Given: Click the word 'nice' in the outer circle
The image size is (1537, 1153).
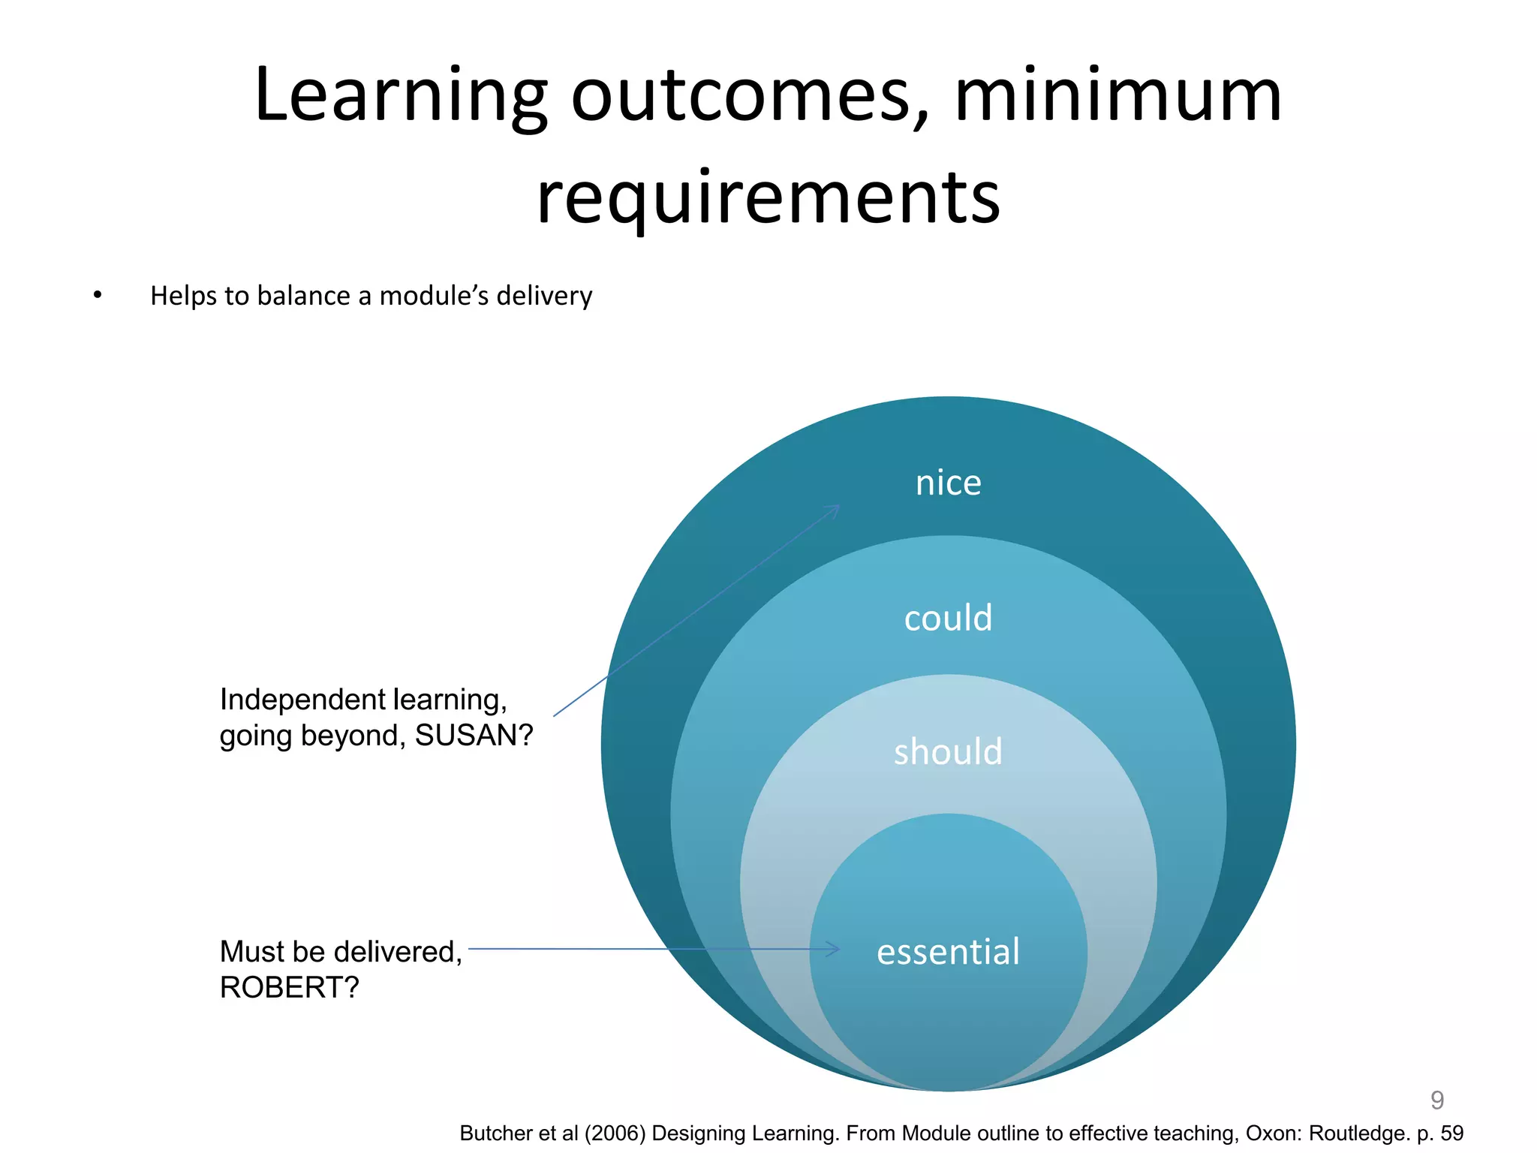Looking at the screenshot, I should [x=948, y=483].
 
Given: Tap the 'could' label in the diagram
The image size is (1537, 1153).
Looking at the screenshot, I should [x=948, y=618].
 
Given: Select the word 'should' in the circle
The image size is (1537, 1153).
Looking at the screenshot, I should [x=948, y=751].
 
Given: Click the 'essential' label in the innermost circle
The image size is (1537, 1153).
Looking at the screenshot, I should [x=948, y=951].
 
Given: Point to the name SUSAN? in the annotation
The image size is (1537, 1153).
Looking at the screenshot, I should [x=474, y=735].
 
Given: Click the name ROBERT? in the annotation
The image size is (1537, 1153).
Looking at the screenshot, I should [x=289, y=987].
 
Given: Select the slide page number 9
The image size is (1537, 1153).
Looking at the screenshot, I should [x=1436, y=1100].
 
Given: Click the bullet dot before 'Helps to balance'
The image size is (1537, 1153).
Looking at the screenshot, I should [x=98, y=296].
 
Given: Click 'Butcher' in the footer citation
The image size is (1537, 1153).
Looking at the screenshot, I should [x=496, y=1133].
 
